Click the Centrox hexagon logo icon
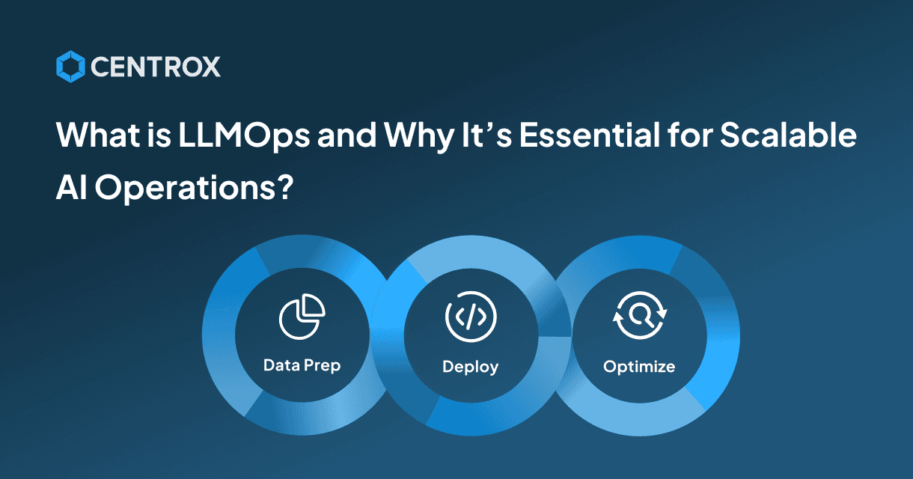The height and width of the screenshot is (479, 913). (70, 67)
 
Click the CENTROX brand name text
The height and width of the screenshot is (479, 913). (156, 67)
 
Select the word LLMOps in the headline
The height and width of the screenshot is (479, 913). (244, 135)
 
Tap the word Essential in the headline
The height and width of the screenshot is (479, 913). (589, 135)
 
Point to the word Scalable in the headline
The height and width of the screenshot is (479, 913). (788, 135)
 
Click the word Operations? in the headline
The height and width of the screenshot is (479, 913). (195, 188)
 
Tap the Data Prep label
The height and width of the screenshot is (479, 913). (302, 365)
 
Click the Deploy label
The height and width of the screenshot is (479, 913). (471, 367)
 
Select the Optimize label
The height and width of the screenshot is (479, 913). (639, 367)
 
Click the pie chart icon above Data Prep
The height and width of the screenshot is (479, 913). (302, 317)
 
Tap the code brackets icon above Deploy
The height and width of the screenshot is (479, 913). (471, 317)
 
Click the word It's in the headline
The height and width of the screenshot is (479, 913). (486, 135)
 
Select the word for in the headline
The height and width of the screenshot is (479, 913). (690, 135)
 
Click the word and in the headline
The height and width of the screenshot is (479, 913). (346, 135)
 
